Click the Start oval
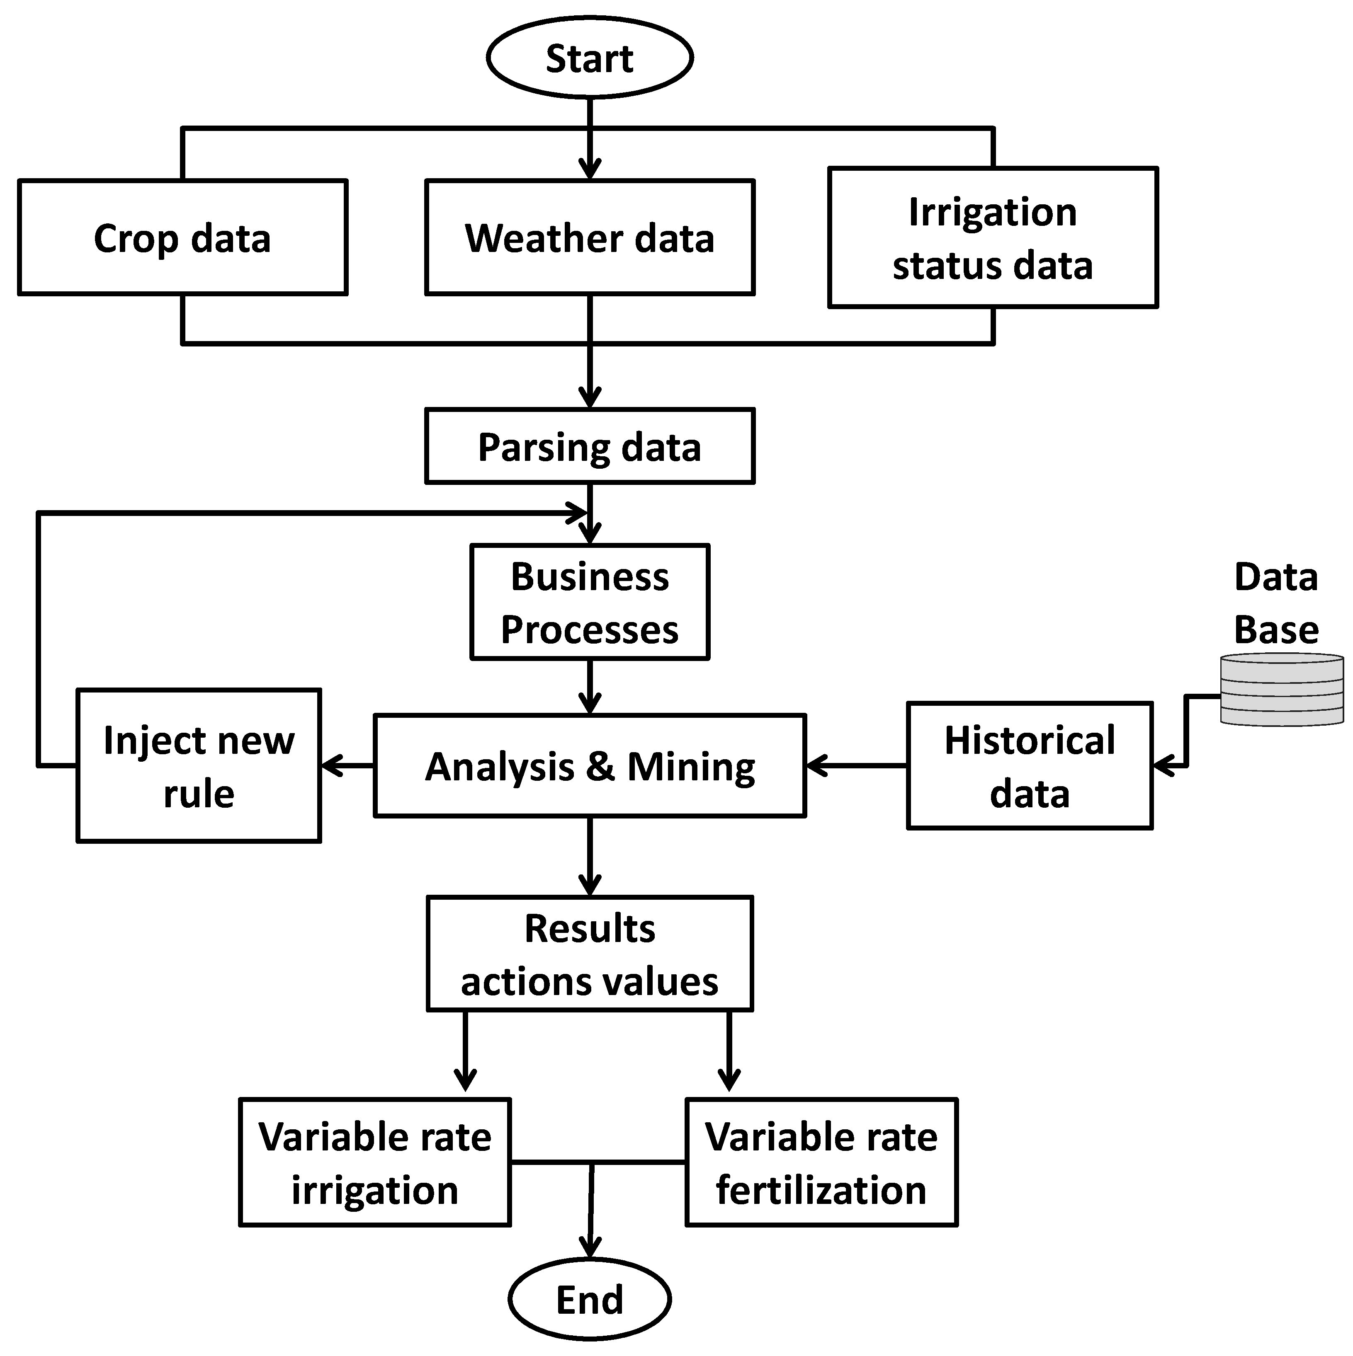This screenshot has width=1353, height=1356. click(x=590, y=58)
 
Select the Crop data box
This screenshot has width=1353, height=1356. click(x=182, y=237)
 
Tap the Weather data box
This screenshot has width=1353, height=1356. click(x=590, y=237)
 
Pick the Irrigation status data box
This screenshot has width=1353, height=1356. click(x=992, y=237)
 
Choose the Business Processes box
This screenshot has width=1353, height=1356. click(x=590, y=602)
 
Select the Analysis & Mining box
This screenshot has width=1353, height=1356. click(x=590, y=766)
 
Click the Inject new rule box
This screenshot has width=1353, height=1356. click(x=199, y=766)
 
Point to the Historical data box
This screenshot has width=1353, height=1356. click(x=1029, y=766)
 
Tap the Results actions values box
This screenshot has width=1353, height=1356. click(x=590, y=954)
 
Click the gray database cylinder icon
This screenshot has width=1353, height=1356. click(x=1281, y=689)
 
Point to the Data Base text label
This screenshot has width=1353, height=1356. click(x=1276, y=603)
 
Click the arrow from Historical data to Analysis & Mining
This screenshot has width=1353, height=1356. click(x=857, y=766)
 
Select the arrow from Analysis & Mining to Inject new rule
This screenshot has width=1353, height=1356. click(x=347, y=766)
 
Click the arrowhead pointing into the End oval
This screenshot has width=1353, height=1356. click(x=590, y=1246)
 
